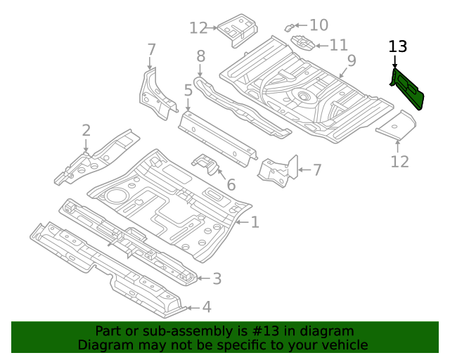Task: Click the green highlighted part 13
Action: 407,88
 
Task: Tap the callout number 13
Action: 397,47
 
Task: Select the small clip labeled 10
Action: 290,27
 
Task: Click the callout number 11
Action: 338,45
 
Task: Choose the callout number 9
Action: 352,60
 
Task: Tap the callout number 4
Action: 206,307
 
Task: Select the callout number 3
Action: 217,279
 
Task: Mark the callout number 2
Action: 86,130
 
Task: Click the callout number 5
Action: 188,90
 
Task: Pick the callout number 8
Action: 200,56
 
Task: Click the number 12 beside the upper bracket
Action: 198,28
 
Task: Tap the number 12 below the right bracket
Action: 399,162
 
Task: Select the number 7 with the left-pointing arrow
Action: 317,169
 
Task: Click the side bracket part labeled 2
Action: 95,156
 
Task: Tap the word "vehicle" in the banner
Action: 344,345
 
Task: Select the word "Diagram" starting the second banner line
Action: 105,345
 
